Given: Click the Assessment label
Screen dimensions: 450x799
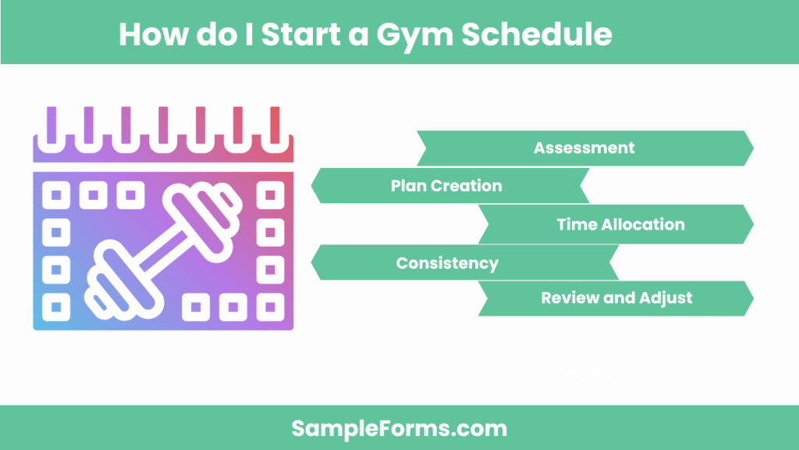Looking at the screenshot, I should tap(584, 148).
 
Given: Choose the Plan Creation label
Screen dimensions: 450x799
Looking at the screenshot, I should tap(446, 186).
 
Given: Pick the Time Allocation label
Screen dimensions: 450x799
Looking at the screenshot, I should tap(620, 224).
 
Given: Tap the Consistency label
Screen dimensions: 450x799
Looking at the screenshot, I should tap(447, 262).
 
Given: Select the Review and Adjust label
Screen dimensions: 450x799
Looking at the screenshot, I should tap(616, 298).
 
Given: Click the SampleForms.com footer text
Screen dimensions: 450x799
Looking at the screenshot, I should tap(399, 428).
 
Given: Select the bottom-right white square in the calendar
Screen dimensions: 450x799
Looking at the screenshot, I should tap(270, 306).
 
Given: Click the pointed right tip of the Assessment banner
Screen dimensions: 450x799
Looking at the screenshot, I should tap(752, 148).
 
